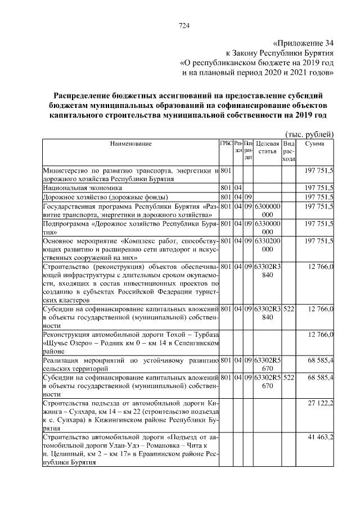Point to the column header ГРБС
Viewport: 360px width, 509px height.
pyautogui.click(x=226, y=144)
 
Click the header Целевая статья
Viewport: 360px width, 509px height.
pyautogui.click(x=268, y=148)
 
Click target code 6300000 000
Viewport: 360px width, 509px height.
pyautogui.click(x=268, y=210)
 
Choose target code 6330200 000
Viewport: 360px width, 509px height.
pyautogui.click(x=268, y=245)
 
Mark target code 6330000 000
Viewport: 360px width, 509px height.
pyautogui.click(x=268, y=228)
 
